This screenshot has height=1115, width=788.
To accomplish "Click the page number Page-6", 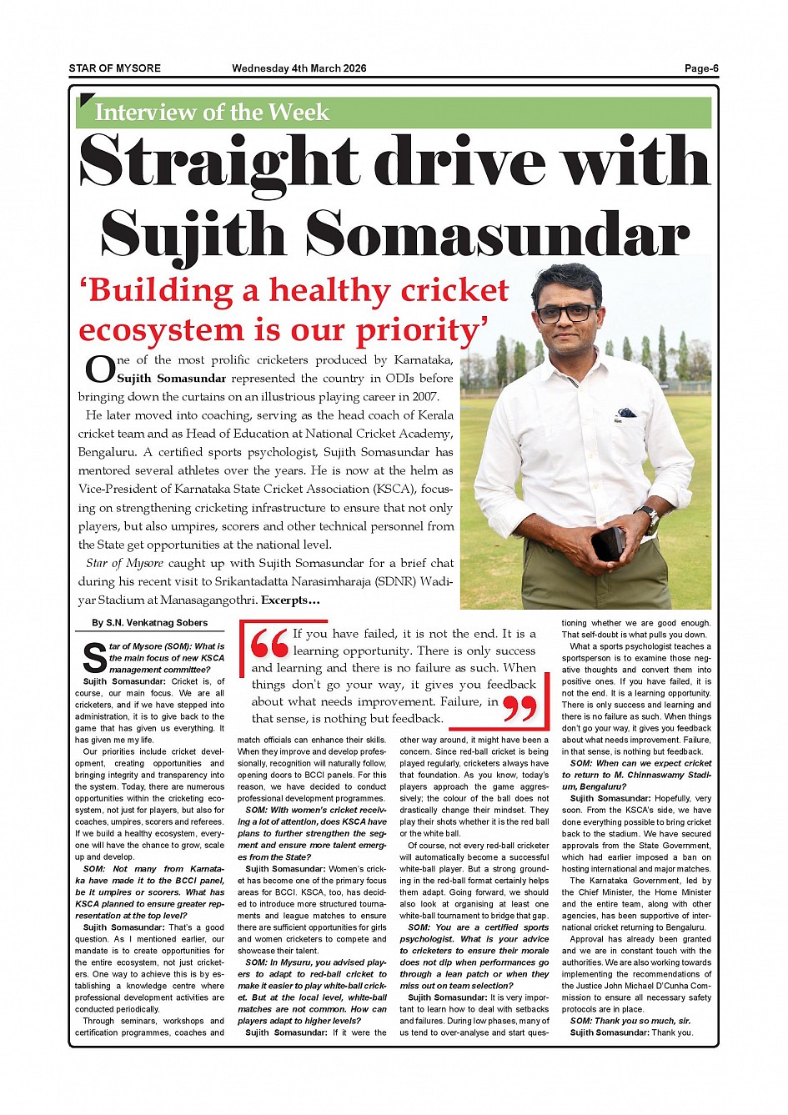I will click(x=701, y=68).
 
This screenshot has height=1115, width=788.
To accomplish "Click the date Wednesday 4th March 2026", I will click(x=299, y=68).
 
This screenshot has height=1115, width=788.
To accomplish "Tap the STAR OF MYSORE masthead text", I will click(x=114, y=68).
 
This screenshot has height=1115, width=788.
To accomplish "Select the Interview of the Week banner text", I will click(x=212, y=113).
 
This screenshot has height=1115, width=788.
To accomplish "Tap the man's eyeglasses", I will click(x=567, y=314).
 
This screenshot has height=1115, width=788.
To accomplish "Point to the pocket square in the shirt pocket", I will click(x=625, y=413).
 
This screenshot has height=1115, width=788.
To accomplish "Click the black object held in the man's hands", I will click(x=608, y=543).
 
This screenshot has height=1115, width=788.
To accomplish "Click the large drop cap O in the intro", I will click(x=99, y=369).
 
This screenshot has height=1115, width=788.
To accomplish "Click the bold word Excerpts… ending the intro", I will click(x=290, y=600).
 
